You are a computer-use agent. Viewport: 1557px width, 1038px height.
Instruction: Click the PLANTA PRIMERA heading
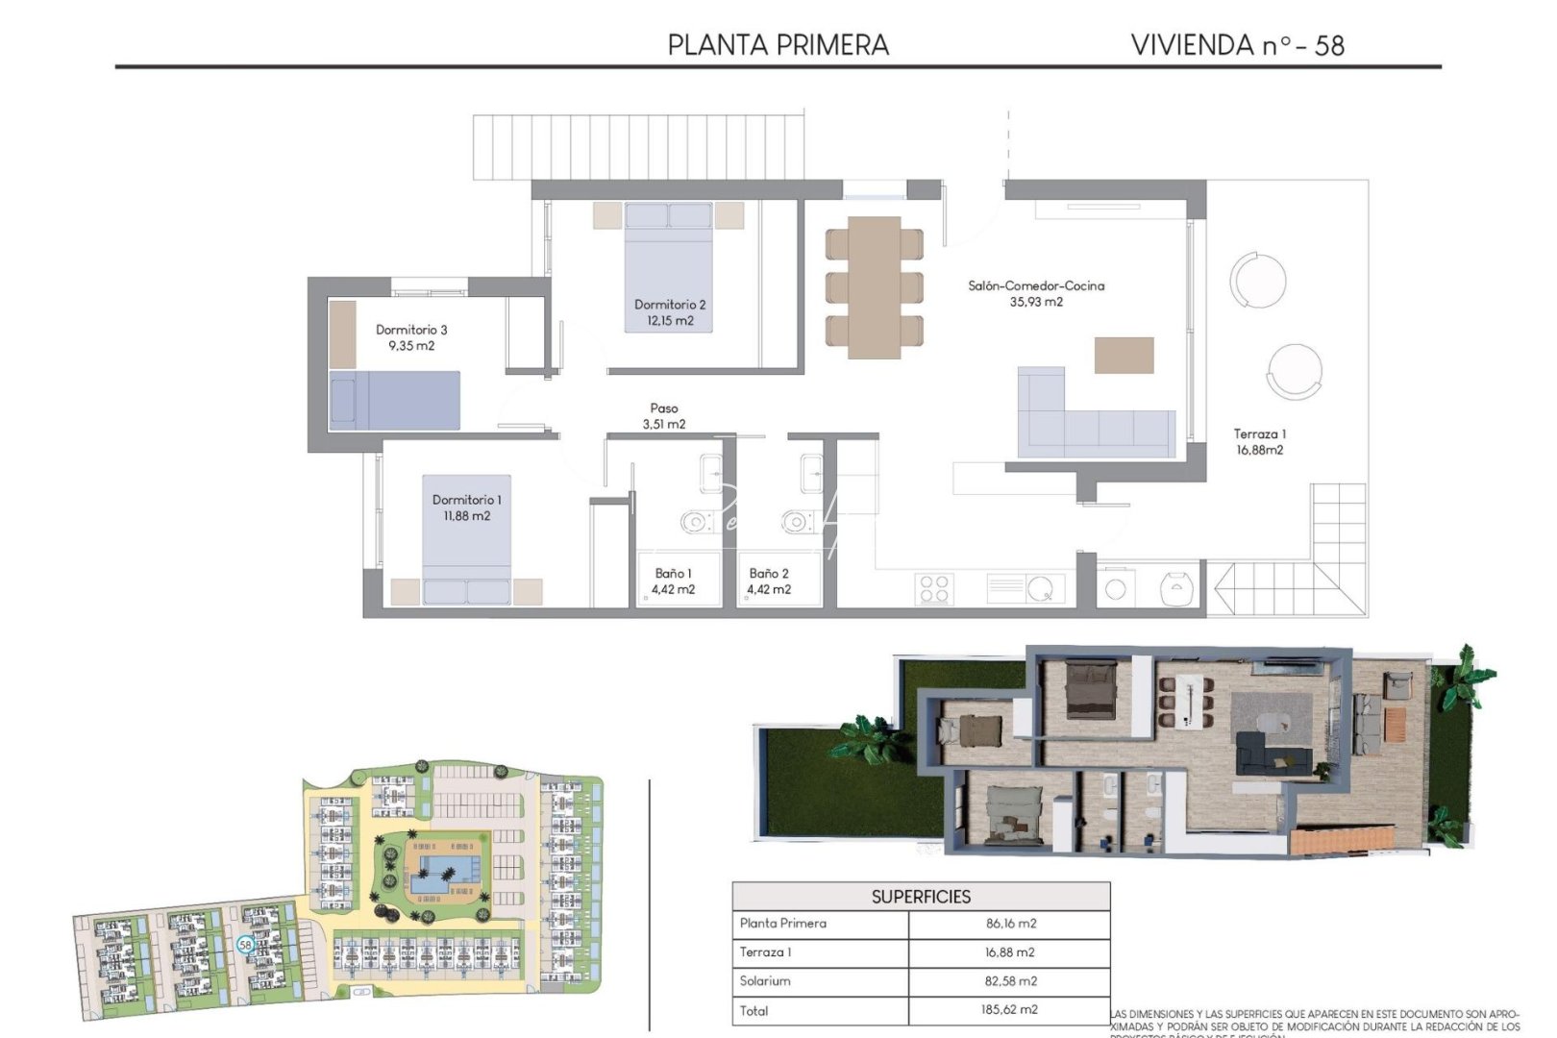pos(778,45)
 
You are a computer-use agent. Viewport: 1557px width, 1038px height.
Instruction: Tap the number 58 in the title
pos(1328,45)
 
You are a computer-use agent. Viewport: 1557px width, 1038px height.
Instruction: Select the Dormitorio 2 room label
pos(670,305)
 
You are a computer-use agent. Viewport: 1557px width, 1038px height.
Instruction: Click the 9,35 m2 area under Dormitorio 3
pos(411,346)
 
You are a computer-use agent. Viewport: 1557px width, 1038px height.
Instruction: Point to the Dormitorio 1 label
pos(466,500)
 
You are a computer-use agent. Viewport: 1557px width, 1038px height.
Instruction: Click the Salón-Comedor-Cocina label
pos(1036,285)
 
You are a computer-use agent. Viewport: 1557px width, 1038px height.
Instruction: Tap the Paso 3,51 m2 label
pos(663,416)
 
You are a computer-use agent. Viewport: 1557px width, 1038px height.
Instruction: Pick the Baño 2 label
pos(769,574)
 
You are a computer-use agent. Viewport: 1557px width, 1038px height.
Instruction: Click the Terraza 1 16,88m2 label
pos(1259,442)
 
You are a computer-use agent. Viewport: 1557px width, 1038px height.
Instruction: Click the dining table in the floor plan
pos(874,286)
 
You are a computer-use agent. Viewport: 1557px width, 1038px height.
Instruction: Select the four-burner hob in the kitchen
pos(934,588)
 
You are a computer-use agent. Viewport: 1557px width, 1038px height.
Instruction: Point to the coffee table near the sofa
pos(1124,355)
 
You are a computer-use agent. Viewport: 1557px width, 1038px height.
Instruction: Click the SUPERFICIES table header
pos(921,897)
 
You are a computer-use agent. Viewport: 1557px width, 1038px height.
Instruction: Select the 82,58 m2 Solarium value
pos(1010,981)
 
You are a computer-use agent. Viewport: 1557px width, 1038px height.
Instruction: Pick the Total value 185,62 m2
pos(1010,1010)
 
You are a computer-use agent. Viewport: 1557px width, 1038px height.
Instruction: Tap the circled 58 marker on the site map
pos(245,945)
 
